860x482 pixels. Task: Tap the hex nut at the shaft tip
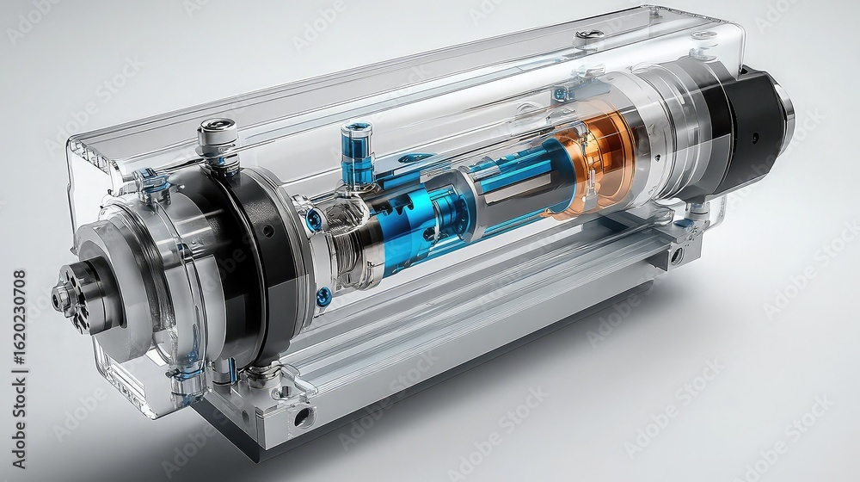[63, 298]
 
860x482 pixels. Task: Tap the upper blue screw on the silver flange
[315, 219]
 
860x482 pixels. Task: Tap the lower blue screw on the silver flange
[323, 297]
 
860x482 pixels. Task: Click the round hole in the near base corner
[302, 419]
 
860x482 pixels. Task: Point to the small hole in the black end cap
[756, 137]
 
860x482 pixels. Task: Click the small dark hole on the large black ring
[267, 231]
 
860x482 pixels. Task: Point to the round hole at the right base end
[678, 255]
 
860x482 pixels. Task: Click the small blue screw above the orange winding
[561, 94]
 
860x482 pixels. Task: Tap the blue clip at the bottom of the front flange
[184, 377]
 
